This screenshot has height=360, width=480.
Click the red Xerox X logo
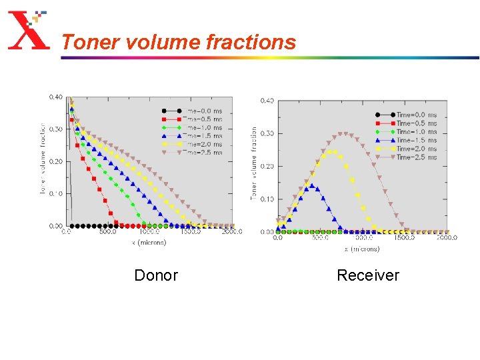pyautogui.click(x=27, y=31)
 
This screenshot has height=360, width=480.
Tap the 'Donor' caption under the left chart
pyautogui.click(x=156, y=275)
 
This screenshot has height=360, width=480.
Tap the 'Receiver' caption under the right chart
pyautogui.click(x=367, y=275)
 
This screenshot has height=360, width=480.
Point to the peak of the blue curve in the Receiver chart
pyautogui.click(x=311, y=186)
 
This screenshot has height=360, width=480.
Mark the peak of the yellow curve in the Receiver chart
pyautogui.click(x=331, y=152)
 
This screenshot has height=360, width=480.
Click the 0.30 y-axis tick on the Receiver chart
pyautogui.click(x=267, y=133)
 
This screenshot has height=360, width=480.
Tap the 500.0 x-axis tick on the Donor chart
pyautogui.click(x=107, y=233)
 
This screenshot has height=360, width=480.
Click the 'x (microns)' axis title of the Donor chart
pyautogui.click(x=149, y=243)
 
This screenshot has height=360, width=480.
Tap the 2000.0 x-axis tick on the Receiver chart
pyautogui.click(x=447, y=237)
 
